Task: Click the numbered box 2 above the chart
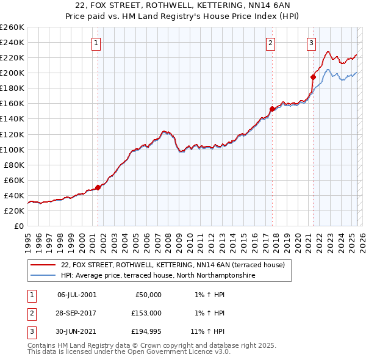tap(270, 43)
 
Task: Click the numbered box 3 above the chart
tap(312, 43)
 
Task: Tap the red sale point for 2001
tap(98, 187)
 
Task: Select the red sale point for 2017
tap(272, 109)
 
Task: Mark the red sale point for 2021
tap(313, 77)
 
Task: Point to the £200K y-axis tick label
tap(12, 73)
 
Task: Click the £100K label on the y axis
tap(12, 149)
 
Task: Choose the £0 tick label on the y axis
tap(18, 226)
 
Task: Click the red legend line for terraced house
tap(43, 265)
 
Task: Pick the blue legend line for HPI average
tap(43, 276)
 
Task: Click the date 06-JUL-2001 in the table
tap(76, 295)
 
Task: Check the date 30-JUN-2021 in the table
tap(76, 332)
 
